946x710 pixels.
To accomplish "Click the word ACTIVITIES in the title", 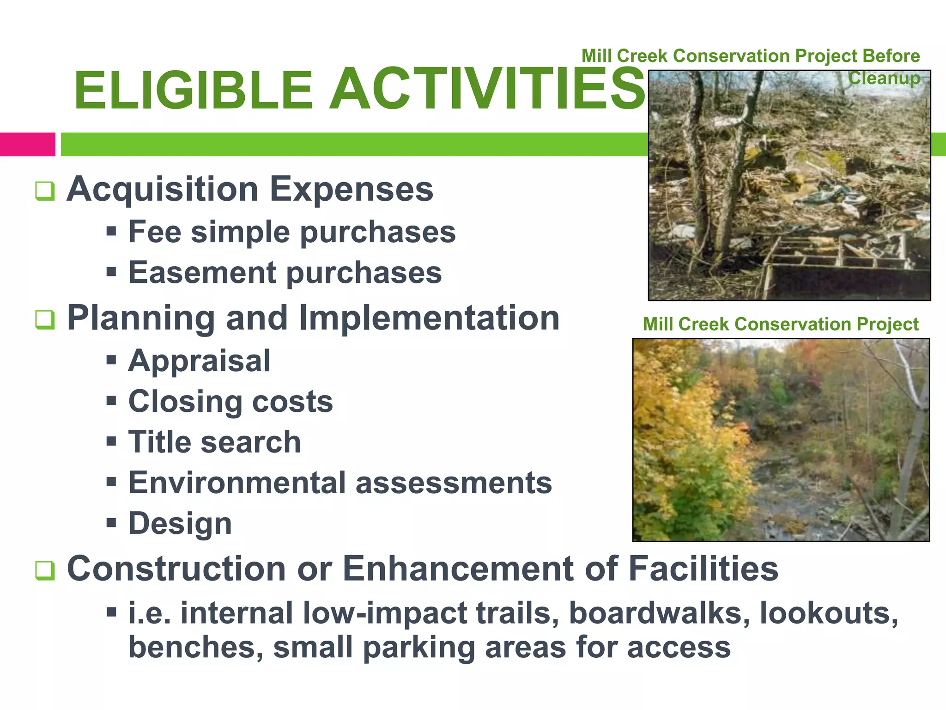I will click(487, 89).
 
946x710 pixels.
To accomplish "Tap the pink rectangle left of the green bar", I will click(27, 144).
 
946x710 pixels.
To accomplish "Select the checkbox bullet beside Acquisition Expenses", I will click(45, 191).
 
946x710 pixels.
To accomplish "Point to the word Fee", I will click(154, 232).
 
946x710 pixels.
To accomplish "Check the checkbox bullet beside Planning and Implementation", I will click(45, 319).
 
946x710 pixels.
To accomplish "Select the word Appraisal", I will click(199, 361).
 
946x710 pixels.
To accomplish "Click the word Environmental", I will click(237, 483).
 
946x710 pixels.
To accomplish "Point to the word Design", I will click(180, 524).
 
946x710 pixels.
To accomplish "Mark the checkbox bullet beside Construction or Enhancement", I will click(45, 570).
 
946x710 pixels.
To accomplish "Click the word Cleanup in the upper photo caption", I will click(884, 78).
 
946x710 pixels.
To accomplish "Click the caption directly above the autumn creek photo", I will click(780, 324).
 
